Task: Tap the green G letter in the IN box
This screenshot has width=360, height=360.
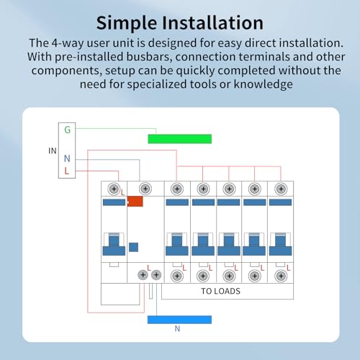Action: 68,130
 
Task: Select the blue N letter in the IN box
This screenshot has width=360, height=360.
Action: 67,158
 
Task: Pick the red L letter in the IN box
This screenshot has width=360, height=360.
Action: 67,171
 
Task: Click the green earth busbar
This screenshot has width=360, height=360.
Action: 179,138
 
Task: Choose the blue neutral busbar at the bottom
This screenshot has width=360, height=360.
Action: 179,319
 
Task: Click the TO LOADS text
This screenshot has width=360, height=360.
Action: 220,292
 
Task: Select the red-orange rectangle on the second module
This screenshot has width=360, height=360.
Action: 135,202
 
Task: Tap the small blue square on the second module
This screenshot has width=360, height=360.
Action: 133,247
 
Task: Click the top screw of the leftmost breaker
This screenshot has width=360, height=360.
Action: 113,189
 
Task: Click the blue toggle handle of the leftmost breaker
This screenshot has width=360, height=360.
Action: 113,244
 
